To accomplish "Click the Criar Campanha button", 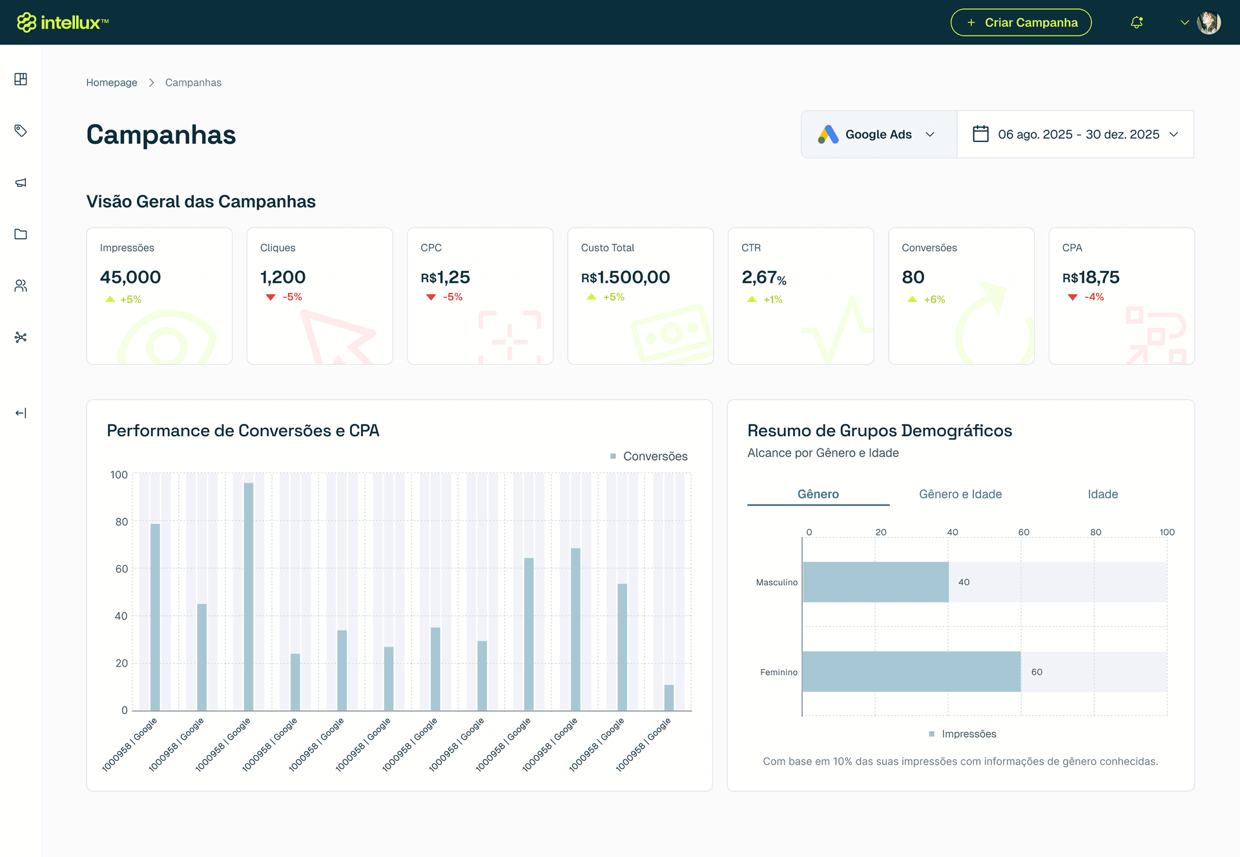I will tap(1020, 23).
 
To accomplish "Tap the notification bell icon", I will tap(1137, 23).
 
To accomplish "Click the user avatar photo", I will tap(1208, 23).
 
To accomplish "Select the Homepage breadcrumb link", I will tap(112, 83).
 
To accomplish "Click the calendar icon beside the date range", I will tap(980, 134).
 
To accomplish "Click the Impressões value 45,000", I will tap(130, 277).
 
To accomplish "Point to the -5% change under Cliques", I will tap(292, 297).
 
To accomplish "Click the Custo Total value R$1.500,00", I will tap(625, 277).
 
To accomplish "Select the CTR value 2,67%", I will tap(763, 277).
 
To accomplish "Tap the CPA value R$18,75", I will tap(1091, 277).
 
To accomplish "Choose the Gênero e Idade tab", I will tap(960, 494).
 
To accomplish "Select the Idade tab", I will tap(1102, 494).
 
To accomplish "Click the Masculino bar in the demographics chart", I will tap(875, 582).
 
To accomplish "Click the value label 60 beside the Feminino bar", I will tap(1037, 672).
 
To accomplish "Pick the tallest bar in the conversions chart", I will tap(249, 597).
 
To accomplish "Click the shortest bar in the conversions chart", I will tap(669, 698).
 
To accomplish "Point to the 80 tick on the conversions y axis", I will tap(121, 522).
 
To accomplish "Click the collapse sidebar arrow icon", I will tap(21, 413).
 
